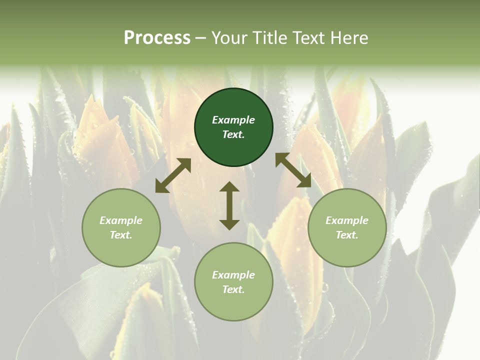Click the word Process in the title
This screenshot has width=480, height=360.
click(x=157, y=38)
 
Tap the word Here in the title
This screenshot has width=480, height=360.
click(x=348, y=38)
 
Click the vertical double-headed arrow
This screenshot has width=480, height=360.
click(x=229, y=205)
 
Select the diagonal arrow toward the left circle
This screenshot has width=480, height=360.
click(x=173, y=175)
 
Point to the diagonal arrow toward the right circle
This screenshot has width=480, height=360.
click(x=293, y=170)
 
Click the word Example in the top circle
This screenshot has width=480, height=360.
click(x=233, y=120)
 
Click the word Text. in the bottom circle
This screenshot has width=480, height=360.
click(x=233, y=289)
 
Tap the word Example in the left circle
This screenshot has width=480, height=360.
click(x=121, y=220)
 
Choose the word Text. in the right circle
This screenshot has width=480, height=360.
click(x=347, y=235)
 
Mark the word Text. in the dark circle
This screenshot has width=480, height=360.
click(x=233, y=134)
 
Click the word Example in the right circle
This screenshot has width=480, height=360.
click(x=347, y=220)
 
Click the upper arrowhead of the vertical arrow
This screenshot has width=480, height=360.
click(x=229, y=187)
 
